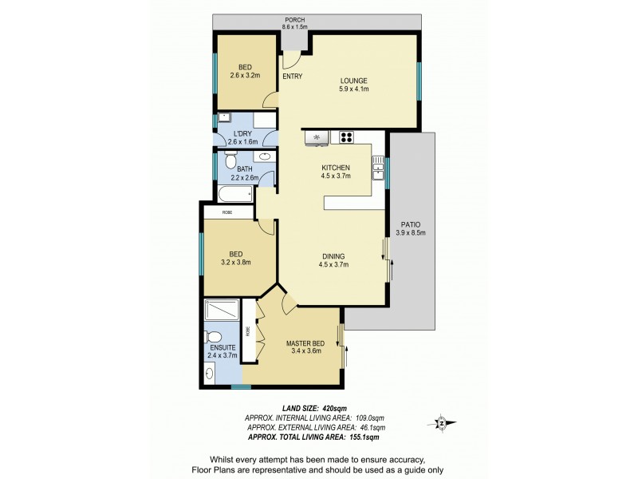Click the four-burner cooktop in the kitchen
[x=347, y=137]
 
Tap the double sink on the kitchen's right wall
[x=378, y=168]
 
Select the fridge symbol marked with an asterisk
[x=317, y=137]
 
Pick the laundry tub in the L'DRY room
[x=225, y=118]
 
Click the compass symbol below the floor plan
[x=441, y=422]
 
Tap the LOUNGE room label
[x=353, y=81]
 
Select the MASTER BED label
[x=303, y=343]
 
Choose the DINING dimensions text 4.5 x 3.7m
[x=334, y=265]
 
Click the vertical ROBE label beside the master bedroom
[x=248, y=328]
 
